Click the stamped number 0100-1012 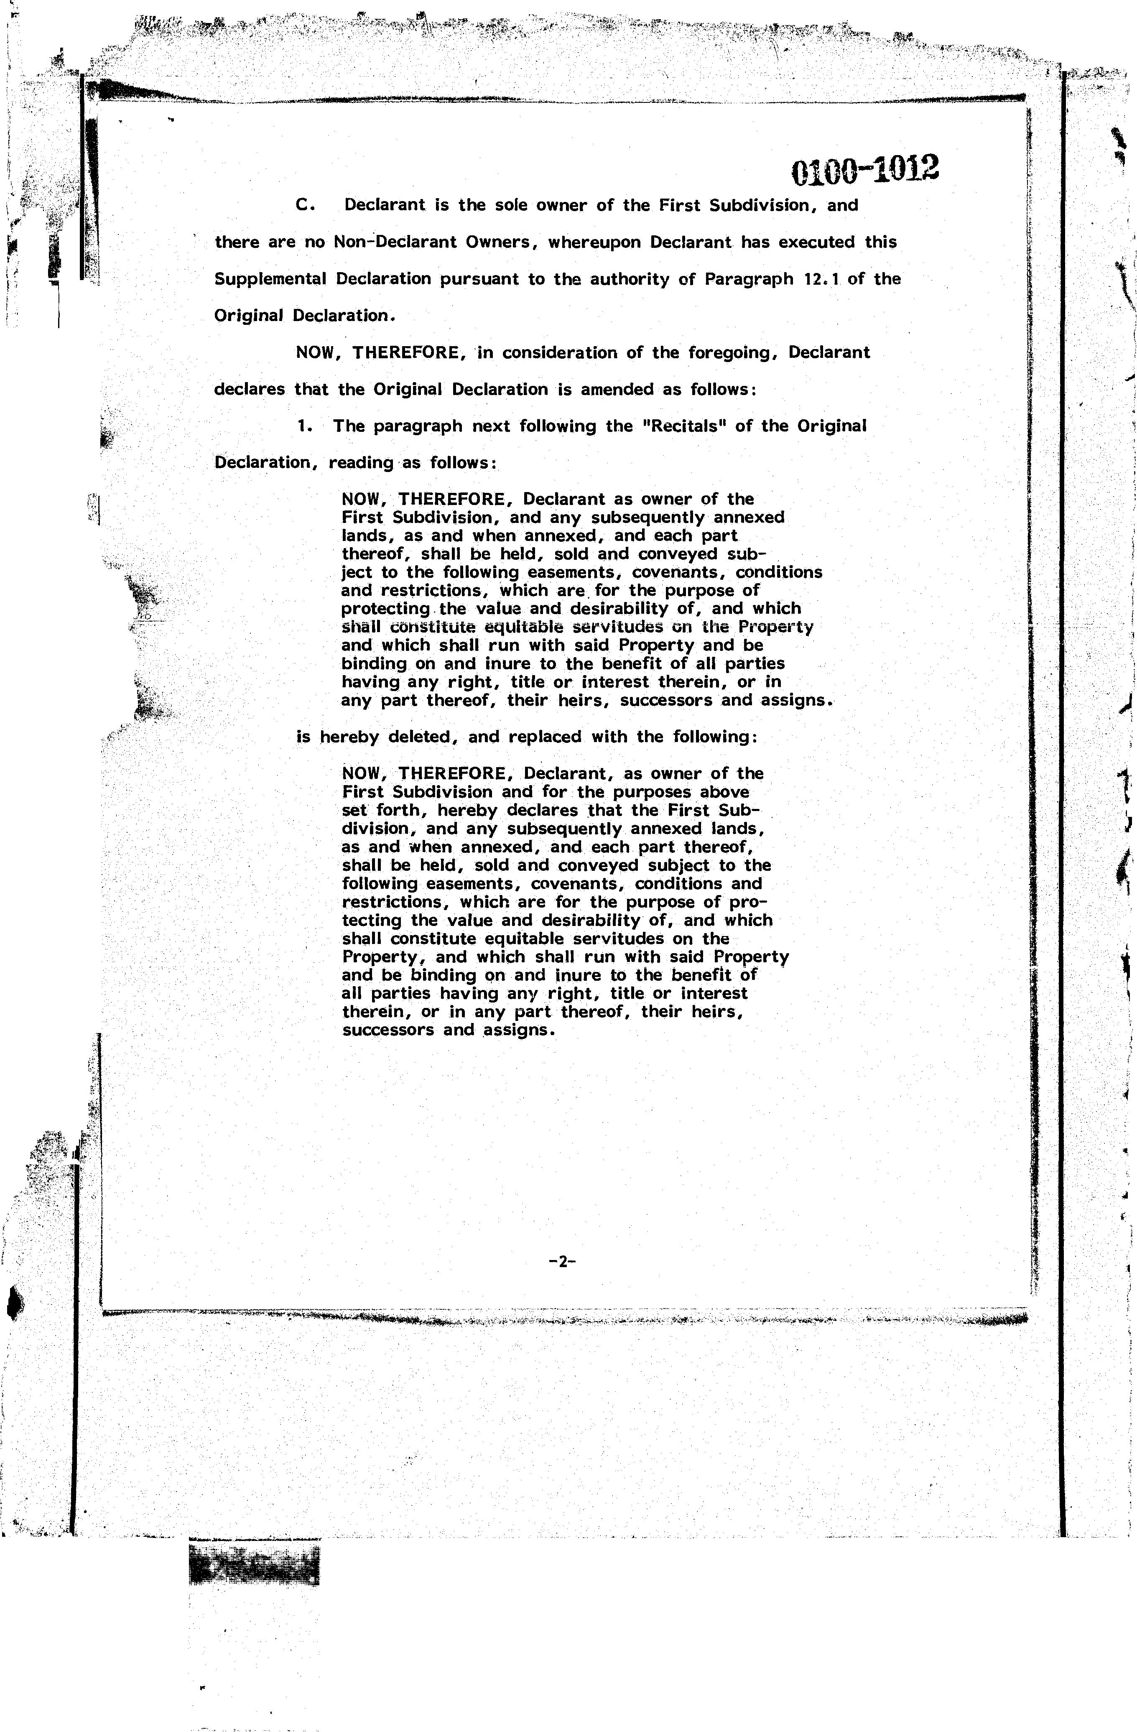[864, 170]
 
